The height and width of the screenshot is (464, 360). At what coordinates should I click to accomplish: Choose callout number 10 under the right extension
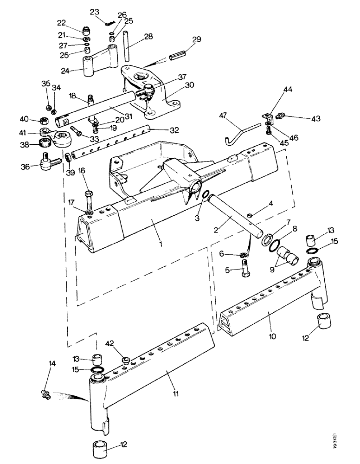point(269,316)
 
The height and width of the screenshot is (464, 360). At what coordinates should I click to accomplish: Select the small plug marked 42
point(125,360)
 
